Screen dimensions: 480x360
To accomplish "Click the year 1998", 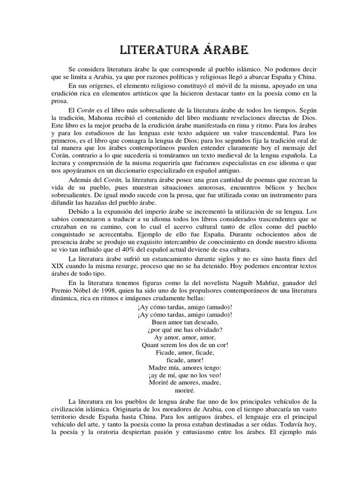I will tap(108, 290).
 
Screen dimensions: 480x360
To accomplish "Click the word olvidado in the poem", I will tap(203, 330).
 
